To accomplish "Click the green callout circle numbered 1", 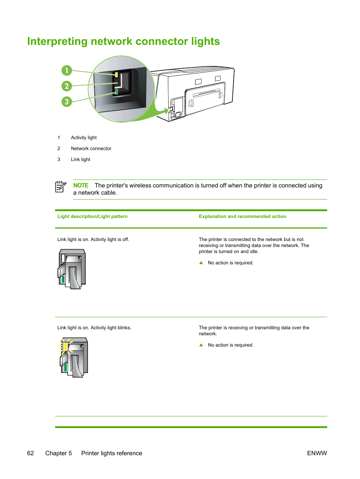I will point(67,71).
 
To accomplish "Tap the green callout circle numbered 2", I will point(67,86).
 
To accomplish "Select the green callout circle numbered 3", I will point(67,101).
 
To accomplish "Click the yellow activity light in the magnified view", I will point(116,75).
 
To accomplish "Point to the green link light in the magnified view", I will point(116,92).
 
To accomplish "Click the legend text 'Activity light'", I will point(84,138).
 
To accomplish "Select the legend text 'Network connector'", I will point(91,149).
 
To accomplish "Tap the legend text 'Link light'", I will point(80,160).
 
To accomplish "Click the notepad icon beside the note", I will point(60,187).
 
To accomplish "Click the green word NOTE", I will point(81,186).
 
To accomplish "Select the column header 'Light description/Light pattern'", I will point(92,216).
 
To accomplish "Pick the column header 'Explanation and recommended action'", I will point(242,216).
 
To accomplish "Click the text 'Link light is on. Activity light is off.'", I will point(93,239).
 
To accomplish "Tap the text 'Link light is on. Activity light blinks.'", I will point(94,328).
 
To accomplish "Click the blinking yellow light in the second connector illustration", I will point(65,347).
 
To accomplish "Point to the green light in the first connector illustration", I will point(63,279).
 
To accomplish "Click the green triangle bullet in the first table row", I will point(201,263).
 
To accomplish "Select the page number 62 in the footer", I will point(31,453).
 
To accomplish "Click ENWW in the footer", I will point(317,453).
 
